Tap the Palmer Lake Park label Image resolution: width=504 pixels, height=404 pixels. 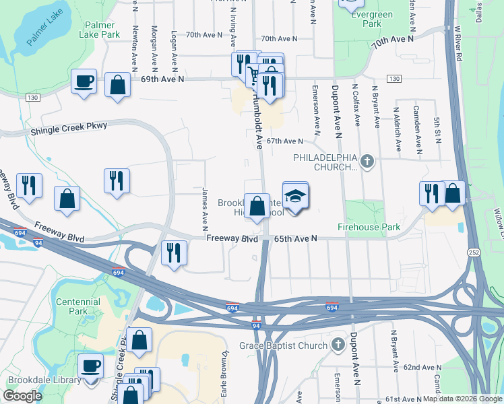coord(102,30)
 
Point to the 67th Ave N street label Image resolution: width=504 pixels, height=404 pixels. coord(285,141)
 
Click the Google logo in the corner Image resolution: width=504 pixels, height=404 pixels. coord(22,396)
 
